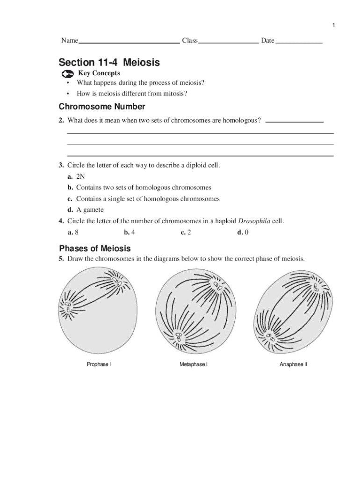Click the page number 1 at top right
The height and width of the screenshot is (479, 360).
tap(334, 25)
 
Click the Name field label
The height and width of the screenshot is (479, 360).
tap(69, 41)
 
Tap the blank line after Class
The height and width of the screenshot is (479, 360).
tap(228, 42)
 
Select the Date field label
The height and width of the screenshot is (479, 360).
tap(267, 41)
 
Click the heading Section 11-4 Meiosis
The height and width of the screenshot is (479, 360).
tap(109, 62)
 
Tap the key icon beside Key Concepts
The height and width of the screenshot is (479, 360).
tap(68, 74)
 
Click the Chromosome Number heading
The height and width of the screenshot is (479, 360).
tap(102, 107)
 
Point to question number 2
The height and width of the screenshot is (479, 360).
tap(61, 121)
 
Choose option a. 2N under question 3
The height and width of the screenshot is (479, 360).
tap(76, 176)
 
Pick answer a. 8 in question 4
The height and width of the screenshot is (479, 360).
tap(73, 232)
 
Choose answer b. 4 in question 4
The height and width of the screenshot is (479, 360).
tap(130, 232)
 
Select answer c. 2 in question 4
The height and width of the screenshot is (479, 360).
tap(186, 232)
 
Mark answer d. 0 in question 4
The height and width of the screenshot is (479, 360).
tap(243, 232)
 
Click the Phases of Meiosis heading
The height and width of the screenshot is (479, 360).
tap(95, 248)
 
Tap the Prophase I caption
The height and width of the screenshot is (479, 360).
tap(99, 364)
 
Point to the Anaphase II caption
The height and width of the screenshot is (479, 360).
tap(293, 364)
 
